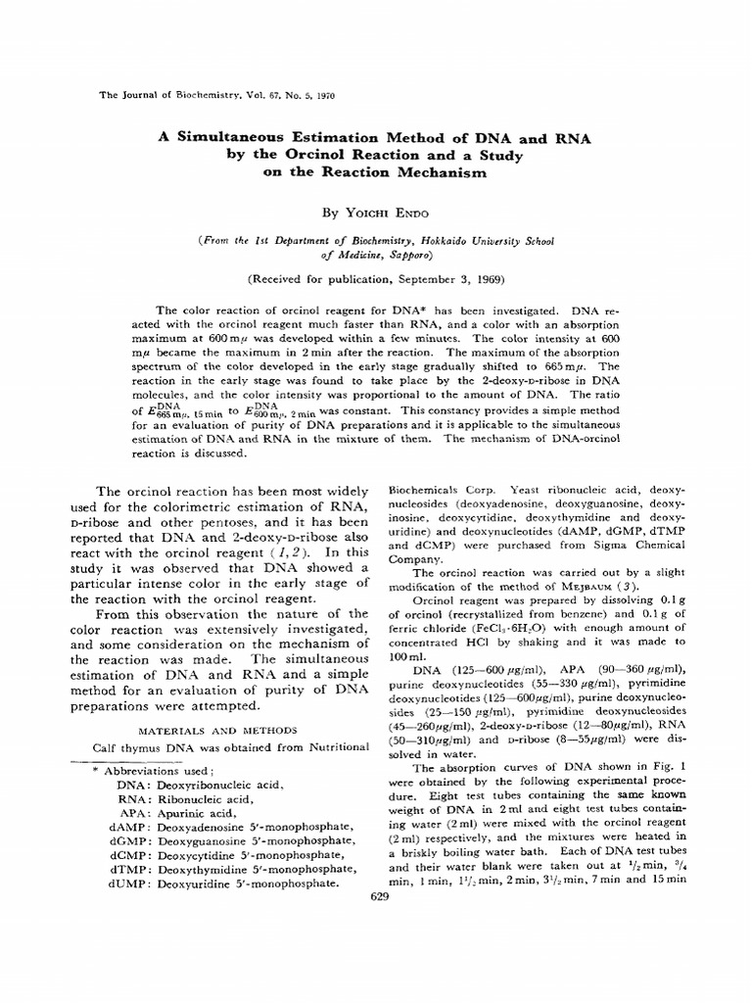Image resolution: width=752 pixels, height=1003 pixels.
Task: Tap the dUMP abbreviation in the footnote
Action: (x=127, y=882)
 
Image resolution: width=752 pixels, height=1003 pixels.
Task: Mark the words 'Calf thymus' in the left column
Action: (x=130, y=747)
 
